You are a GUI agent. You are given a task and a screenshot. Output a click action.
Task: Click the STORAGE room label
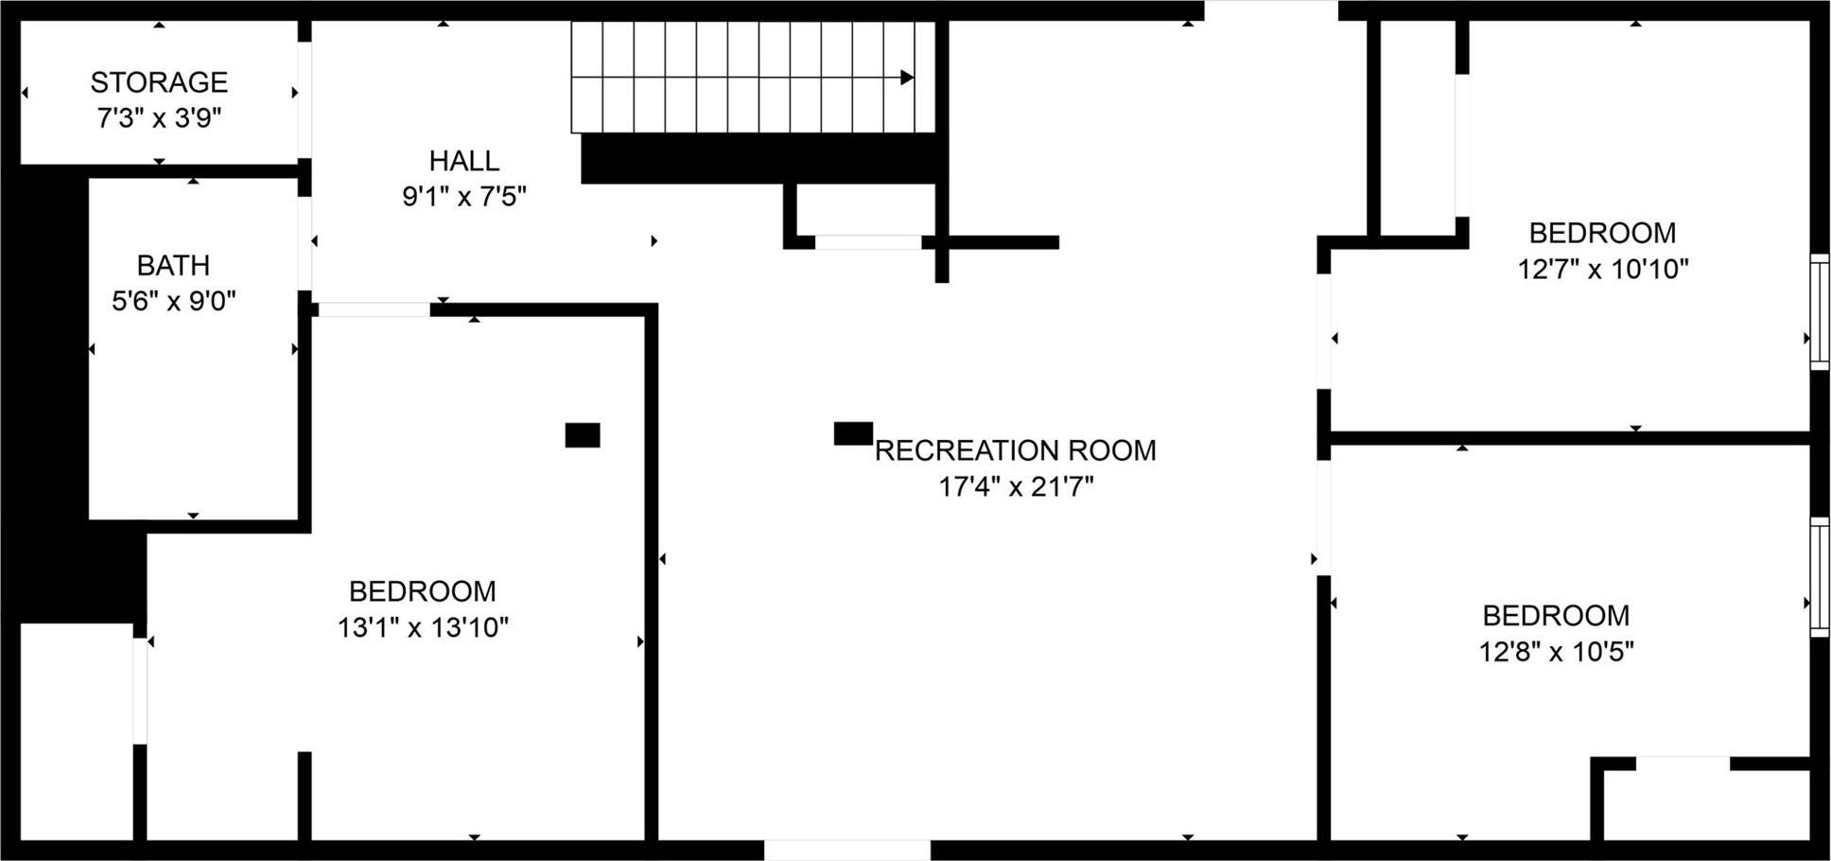[x=159, y=83]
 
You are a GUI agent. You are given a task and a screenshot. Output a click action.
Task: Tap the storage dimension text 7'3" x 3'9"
[x=159, y=118]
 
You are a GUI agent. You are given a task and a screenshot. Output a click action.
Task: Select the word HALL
[x=463, y=161]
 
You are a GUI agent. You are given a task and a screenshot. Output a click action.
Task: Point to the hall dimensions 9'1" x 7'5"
[x=463, y=197]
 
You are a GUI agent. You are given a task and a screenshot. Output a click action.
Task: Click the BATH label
[x=173, y=265]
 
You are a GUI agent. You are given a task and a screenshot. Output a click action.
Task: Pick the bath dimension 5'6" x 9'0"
[x=173, y=301]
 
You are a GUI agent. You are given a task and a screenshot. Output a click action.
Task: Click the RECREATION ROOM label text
[x=1015, y=450]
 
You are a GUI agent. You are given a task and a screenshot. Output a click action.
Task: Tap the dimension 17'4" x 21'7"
[x=1015, y=486]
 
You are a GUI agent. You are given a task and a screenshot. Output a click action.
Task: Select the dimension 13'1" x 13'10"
[x=423, y=627]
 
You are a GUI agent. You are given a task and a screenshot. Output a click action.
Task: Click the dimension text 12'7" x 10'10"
[x=1602, y=270]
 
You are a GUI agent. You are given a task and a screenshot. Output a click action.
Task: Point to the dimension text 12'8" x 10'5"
[x=1556, y=652]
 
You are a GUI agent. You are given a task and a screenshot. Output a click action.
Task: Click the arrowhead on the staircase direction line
[x=907, y=78]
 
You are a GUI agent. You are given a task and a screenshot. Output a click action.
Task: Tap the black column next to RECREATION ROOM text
[x=852, y=433]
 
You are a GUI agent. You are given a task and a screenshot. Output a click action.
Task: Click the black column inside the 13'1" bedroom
[x=583, y=435]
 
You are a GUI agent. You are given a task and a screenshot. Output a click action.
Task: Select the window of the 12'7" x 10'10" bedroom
[x=1819, y=310]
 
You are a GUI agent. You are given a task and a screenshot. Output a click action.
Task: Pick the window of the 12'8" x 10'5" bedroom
[x=1819, y=576]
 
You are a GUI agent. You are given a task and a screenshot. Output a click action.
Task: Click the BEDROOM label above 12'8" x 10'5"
[x=1556, y=616]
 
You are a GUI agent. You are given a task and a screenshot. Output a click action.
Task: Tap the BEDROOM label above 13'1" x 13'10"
[x=423, y=591]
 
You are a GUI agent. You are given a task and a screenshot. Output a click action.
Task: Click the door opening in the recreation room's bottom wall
[x=846, y=849]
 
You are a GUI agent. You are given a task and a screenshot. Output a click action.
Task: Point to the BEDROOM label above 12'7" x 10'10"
[x=1602, y=233]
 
